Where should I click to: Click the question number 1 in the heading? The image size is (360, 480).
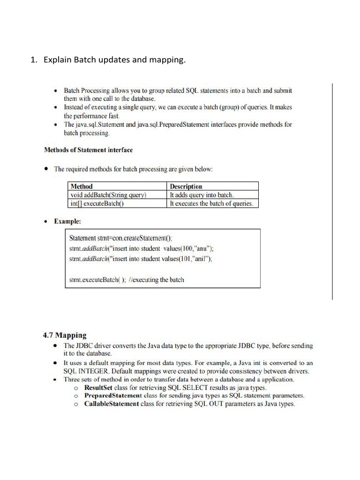point(33,60)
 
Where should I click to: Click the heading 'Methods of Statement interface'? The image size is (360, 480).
point(88,150)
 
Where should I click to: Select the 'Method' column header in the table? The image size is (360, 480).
point(81,186)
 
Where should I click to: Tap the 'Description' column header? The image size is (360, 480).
point(186,186)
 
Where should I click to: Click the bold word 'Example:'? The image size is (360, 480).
point(67,221)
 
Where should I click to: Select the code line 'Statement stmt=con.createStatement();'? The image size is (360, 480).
point(124,238)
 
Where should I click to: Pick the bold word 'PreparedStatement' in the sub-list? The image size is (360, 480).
point(112,396)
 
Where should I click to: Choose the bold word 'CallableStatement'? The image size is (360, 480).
point(112,404)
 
